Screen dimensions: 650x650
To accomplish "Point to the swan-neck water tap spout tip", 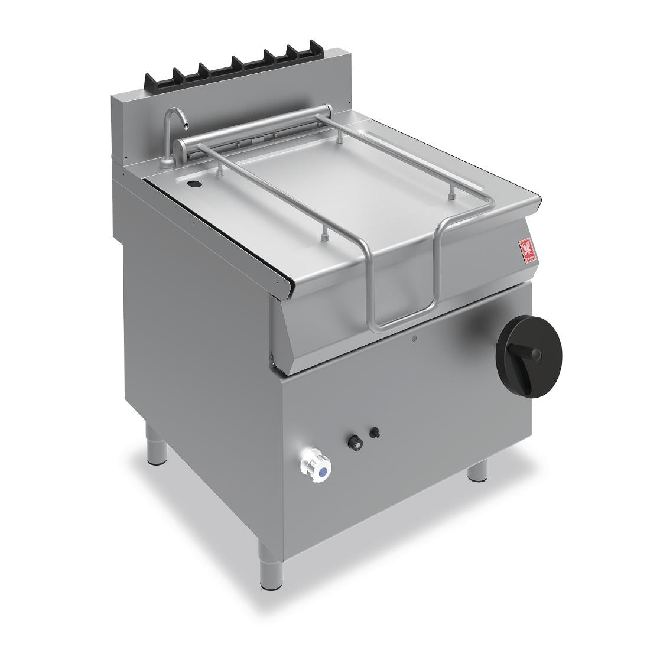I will point(185,124).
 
